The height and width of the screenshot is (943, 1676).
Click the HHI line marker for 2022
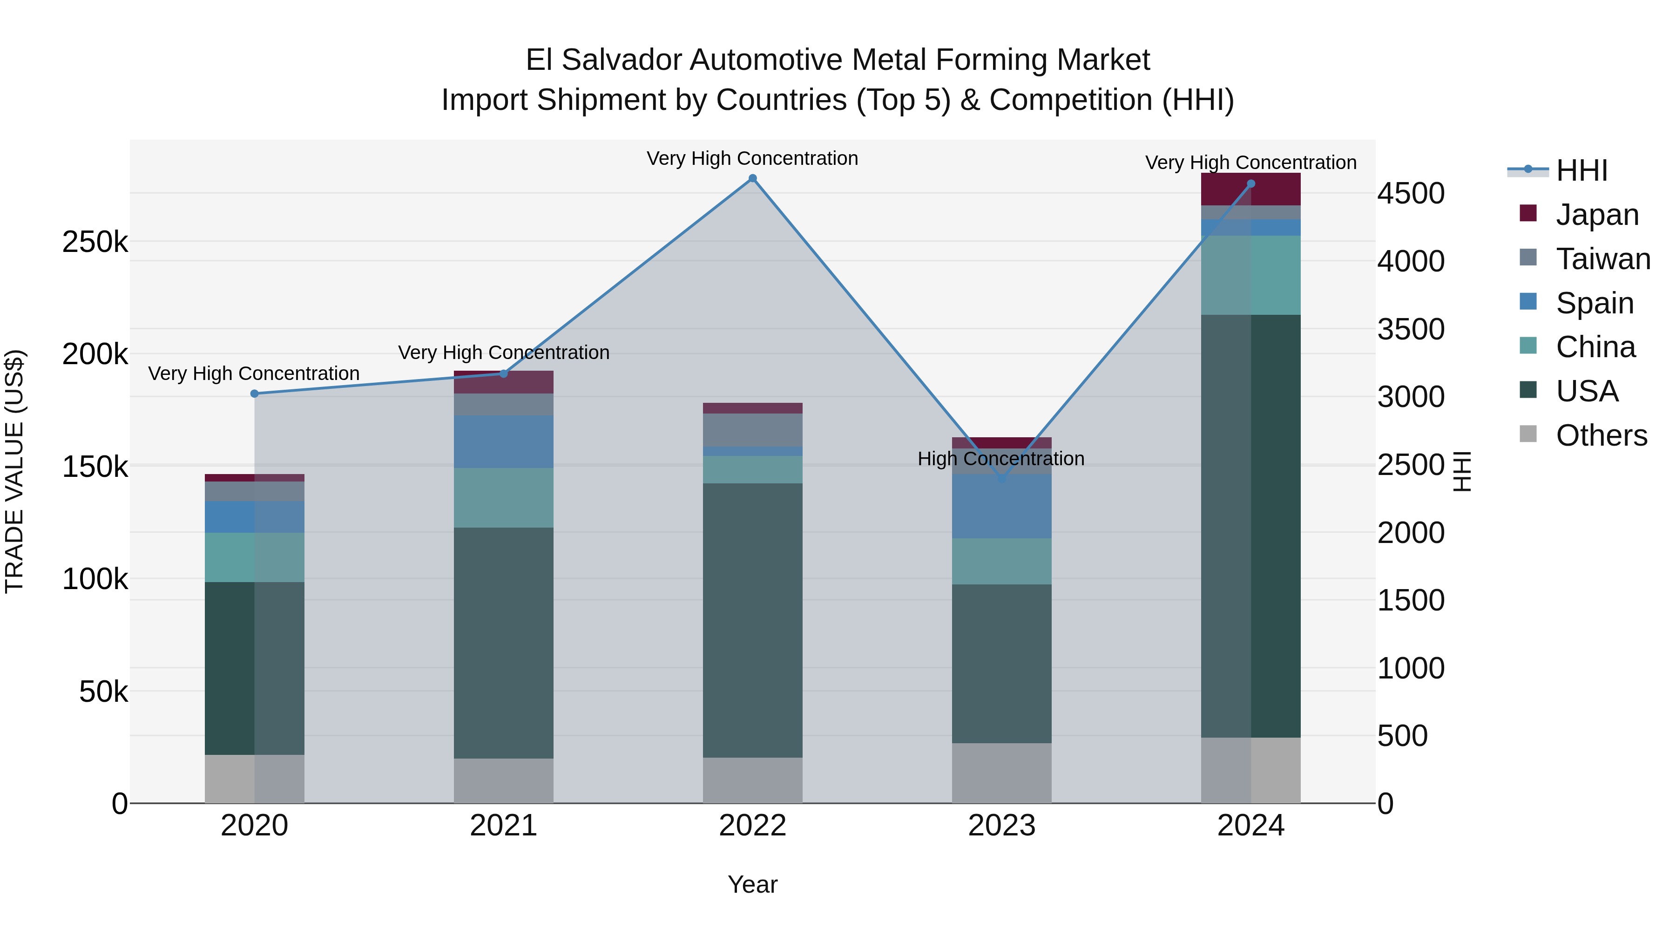pyautogui.click(x=753, y=178)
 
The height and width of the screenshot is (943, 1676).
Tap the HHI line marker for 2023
pyautogui.click(x=1002, y=479)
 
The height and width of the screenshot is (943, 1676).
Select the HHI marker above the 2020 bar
pyautogui.click(x=254, y=393)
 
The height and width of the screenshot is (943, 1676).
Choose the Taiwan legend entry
pyautogui.click(x=1602, y=259)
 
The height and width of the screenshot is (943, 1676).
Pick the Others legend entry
pyautogui.click(x=1601, y=435)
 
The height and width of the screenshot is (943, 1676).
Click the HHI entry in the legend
pyautogui.click(x=1581, y=170)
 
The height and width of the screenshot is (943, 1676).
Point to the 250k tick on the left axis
pyautogui.click(x=95, y=243)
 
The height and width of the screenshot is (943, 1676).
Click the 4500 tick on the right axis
pyautogui.click(x=1411, y=194)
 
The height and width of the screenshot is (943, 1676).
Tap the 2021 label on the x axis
pyautogui.click(x=504, y=826)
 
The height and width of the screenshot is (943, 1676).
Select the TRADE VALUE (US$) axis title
pyautogui.click(x=15, y=471)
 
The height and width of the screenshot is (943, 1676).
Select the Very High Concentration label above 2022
pyautogui.click(x=752, y=159)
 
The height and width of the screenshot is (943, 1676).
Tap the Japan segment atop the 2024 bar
pyautogui.click(x=1250, y=190)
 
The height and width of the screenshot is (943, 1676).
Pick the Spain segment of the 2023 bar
pyautogui.click(x=1002, y=506)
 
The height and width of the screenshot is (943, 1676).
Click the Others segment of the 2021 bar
pyautogui.click(x=504, y=780)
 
